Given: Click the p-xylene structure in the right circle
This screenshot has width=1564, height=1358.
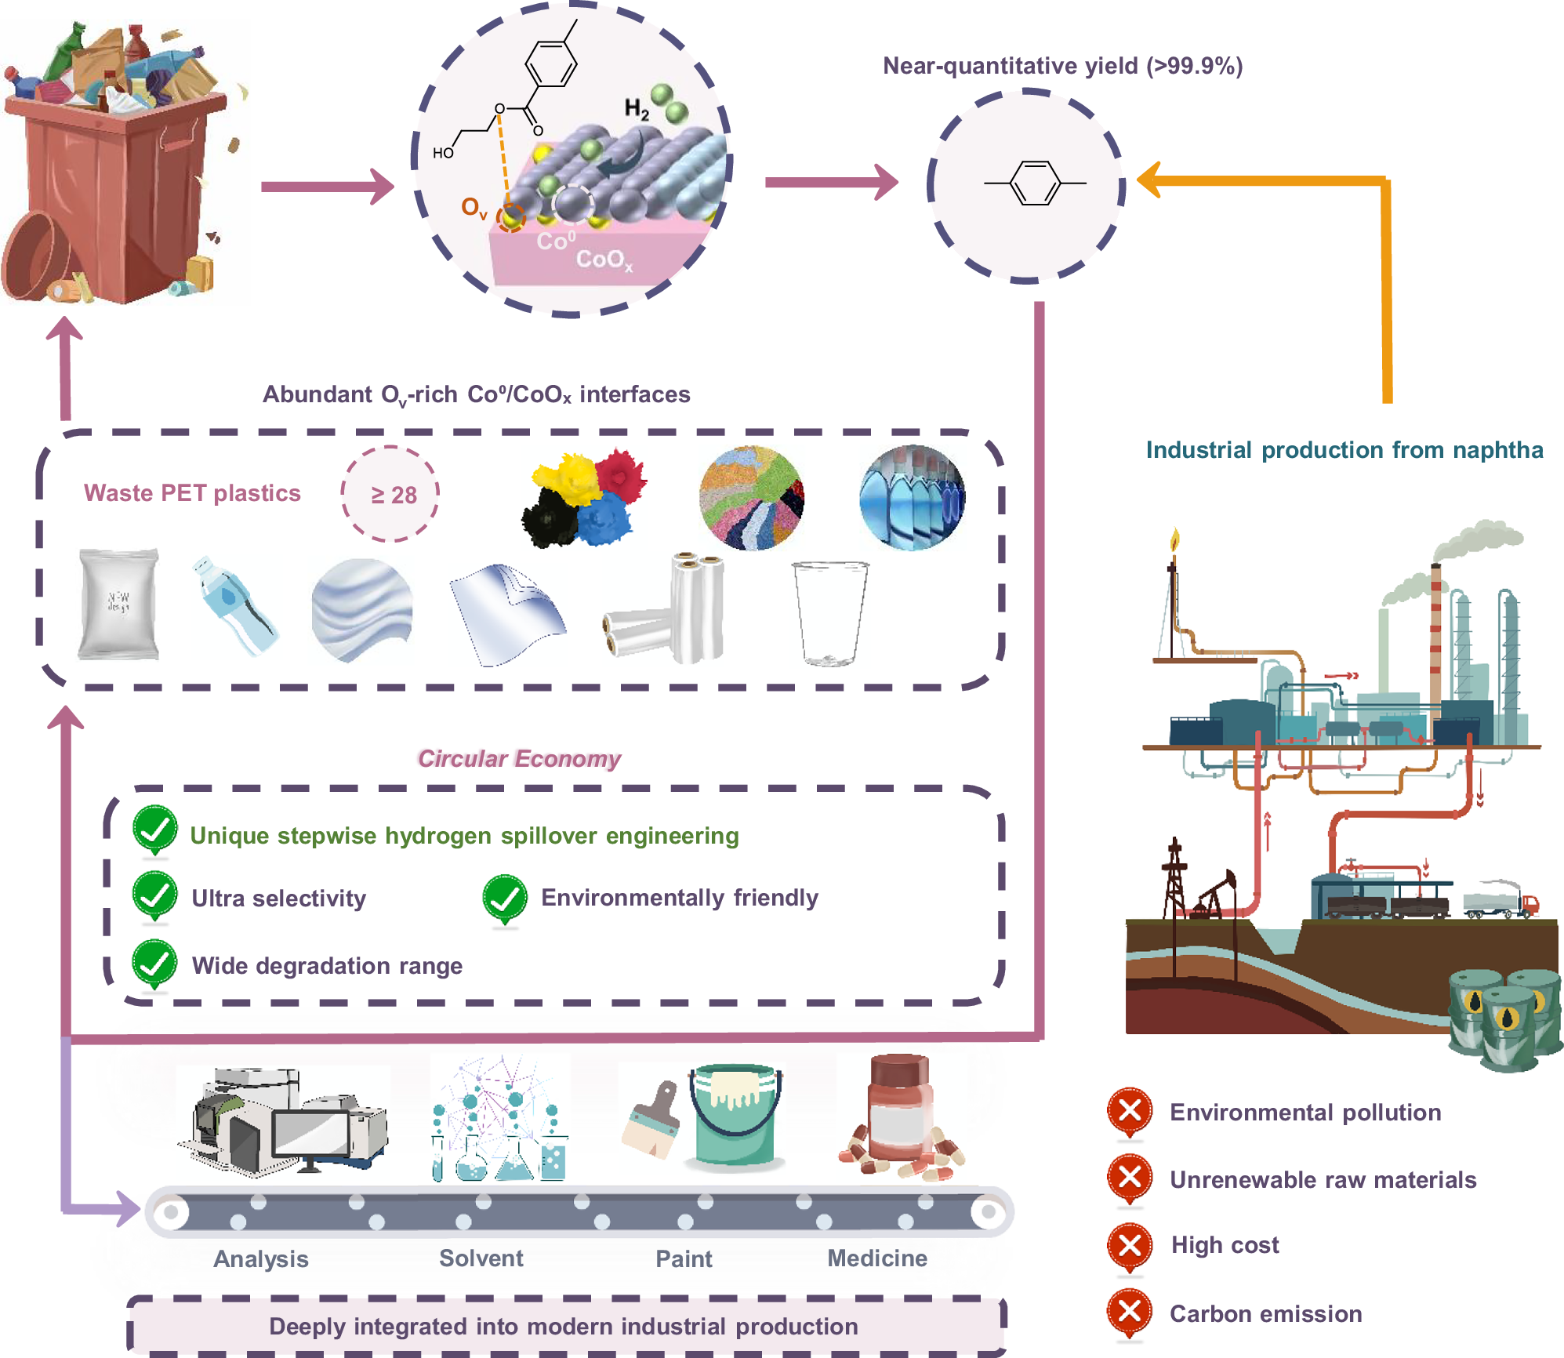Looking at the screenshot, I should (x=1035, y=183).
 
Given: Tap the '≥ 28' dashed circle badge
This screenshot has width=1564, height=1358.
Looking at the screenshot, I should (x=390, y=494).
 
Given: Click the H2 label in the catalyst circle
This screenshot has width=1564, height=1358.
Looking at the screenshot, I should (x=637, y=109).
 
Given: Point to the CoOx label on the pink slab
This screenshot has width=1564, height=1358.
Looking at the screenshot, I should (x=602, y=260).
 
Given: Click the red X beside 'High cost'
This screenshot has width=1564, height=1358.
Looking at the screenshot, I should (x=1130, y=1245).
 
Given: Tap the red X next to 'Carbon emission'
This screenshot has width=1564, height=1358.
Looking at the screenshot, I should (x=1130, y=1313).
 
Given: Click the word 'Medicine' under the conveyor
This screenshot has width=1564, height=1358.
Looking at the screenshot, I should (x=877, y=1258).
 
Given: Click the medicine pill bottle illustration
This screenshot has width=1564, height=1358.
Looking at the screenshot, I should (x=900, y=1113).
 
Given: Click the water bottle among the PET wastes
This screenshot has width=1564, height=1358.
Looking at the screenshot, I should (x=234, y=605).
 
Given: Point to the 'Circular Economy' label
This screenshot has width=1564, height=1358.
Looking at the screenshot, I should (x=519, y=758).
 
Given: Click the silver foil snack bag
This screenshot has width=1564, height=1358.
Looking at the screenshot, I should (x=119, y=604).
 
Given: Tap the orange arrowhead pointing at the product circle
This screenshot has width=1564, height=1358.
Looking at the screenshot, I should (x=1149, y=181).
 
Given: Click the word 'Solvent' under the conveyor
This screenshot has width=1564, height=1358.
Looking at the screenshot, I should (x=481, y=1258).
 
